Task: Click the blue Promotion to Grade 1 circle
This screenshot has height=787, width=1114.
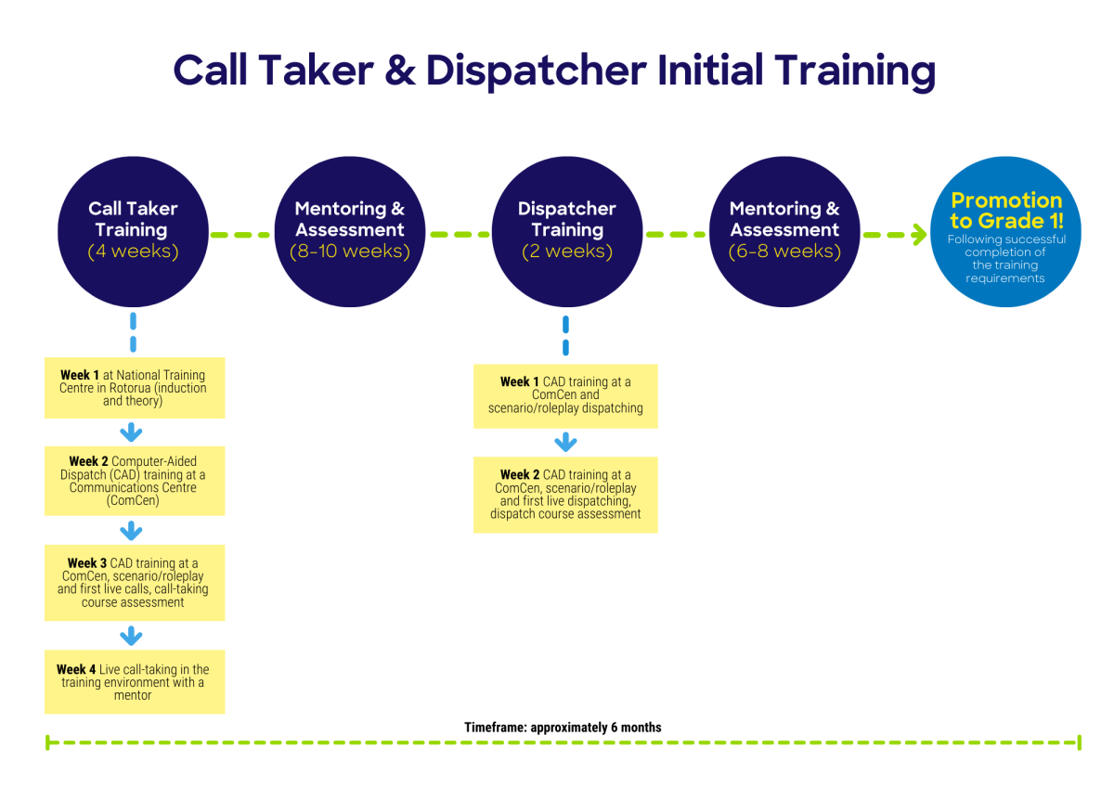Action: pos(1005,232)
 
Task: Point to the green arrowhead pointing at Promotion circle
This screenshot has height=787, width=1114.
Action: pos(918,235)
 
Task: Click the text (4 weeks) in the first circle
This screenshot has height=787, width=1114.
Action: pos(133,252)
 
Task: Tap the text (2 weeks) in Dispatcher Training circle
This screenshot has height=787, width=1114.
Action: pos(566,252)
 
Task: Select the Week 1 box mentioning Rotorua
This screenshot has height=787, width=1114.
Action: pos(134,388)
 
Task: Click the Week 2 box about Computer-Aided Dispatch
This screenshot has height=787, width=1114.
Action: pos(134,481)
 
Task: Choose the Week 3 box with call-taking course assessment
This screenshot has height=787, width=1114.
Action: pos(134,583)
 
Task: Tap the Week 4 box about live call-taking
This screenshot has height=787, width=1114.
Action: pos(134,682)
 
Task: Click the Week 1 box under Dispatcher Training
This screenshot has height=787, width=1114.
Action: pos(565,395)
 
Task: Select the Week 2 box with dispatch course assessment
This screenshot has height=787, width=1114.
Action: pos(565,495)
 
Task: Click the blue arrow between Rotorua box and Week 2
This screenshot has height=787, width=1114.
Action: pos(132,432)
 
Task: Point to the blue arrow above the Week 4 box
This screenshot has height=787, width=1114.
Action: pos(132,636)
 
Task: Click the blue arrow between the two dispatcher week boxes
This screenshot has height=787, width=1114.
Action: pos(565,442)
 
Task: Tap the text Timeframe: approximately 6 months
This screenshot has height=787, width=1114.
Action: pos(563,728)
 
